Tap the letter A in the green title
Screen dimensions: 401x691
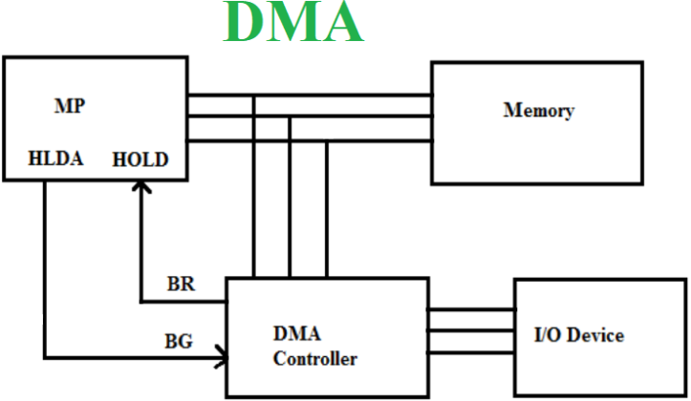coord(338,24)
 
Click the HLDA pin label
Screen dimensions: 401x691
coord(56,159)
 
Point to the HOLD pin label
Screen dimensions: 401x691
coord(140,159)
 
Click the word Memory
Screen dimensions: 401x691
coord(538,111)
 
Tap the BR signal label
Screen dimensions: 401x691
coord(182,284)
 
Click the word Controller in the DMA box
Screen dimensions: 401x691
coord(314,359)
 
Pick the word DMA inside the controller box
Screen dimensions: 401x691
coord(296,334)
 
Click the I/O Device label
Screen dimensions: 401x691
coord(578,335)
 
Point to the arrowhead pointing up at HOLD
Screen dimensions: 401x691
coord(140,193)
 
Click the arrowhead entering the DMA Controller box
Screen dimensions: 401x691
coord(222,360)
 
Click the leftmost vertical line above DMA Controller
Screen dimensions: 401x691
coord(254,210)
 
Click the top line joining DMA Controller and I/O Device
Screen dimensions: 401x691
coord(471,310)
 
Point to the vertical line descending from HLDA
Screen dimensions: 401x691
coord(45,267)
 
